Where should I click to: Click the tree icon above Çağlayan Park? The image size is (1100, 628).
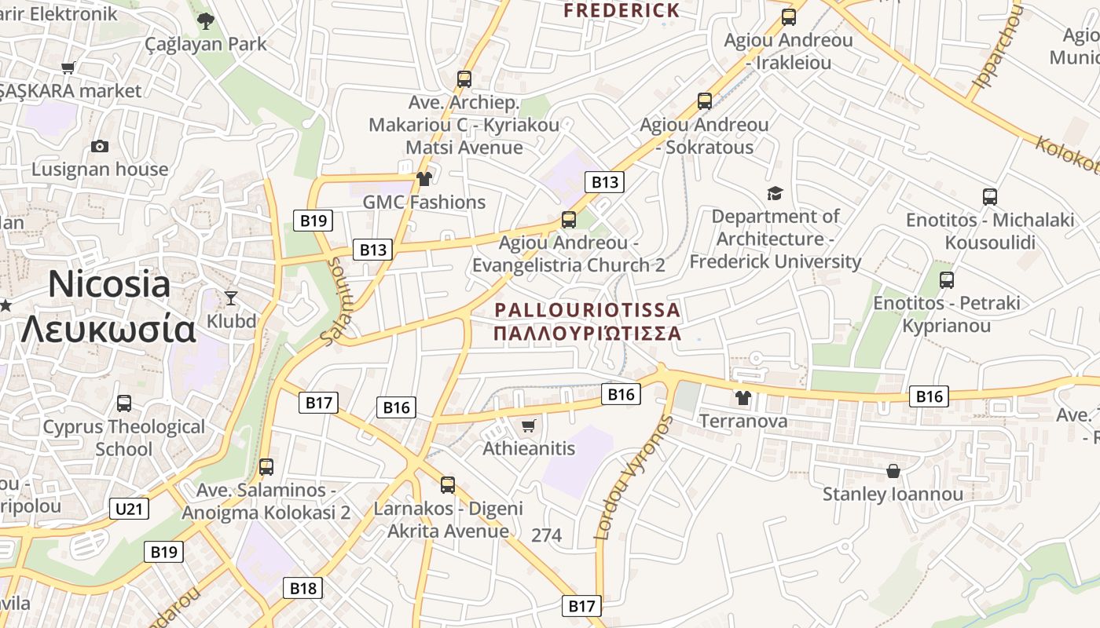point(206,21)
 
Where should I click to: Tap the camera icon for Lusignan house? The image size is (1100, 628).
point(100,146)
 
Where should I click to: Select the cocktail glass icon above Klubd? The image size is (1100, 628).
point(231,298)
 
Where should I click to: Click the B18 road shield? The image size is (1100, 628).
point(302,588)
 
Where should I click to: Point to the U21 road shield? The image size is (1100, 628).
point(129,509)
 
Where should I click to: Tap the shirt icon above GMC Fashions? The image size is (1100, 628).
point(424,179)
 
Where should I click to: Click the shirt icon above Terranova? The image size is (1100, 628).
point(743,397)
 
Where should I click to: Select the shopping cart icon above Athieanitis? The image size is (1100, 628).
point(529,425)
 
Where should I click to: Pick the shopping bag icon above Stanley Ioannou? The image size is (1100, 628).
point(893,471)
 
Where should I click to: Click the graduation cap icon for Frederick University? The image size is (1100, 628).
point(775,193)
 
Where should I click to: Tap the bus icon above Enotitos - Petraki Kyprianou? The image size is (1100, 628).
point(947,280)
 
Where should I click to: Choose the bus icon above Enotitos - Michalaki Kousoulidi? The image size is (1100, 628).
point(990,197)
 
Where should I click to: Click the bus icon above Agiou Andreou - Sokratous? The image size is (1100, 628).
point(705,101)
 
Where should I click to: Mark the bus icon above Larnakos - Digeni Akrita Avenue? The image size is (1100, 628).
point(448,485)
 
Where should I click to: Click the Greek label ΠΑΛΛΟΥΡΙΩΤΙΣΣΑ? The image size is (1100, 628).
point(587,333)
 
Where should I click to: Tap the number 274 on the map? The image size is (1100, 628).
point(547,535)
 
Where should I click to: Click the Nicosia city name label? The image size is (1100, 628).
point(109,284)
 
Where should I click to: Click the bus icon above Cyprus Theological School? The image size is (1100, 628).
point(124,403)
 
